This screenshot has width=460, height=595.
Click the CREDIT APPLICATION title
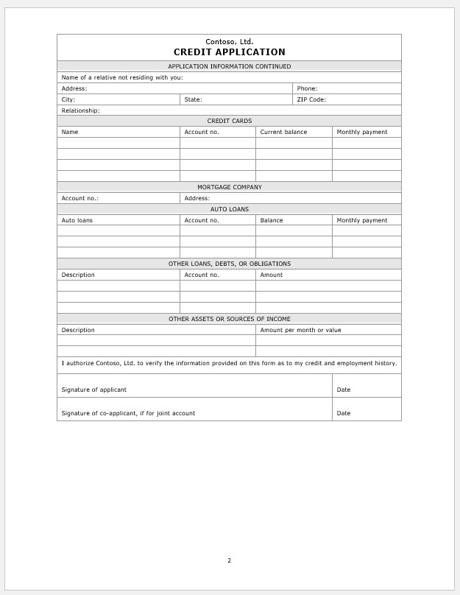point(229,52)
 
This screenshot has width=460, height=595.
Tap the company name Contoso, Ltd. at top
point(229,42)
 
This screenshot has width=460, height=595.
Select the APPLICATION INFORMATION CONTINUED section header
point(229,66)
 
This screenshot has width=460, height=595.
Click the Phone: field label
point(307,88)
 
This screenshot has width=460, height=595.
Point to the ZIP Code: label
point(311,99)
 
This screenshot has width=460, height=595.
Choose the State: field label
point(193,99)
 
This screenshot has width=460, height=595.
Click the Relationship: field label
point(80,110)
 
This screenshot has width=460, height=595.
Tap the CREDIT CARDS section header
point(229,121)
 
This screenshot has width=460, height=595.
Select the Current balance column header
point(283,132)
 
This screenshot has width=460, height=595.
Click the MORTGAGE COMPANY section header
point(229,187)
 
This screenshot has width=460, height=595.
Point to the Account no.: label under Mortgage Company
point(79,198)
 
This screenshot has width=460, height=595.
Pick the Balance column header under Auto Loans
point(272,220)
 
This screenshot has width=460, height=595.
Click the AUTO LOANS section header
point(229,209)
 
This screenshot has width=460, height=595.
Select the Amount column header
point(271,275)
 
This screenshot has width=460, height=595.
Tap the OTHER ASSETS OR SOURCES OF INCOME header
point(229,319)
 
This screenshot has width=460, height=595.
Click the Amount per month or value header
point(300,330)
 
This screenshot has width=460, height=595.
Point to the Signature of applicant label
point(93,390)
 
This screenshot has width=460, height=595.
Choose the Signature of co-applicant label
point(128,413)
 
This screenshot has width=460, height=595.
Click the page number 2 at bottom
point(229,560)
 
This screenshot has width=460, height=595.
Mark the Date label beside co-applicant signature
point(344,413)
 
